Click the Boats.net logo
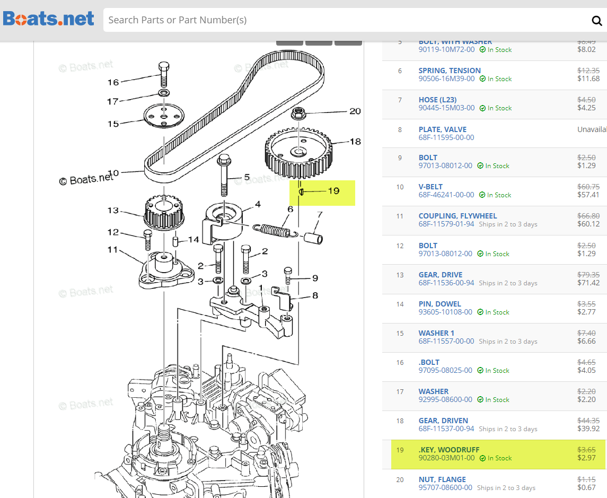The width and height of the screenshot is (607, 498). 48,20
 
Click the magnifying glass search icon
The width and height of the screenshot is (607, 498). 596,21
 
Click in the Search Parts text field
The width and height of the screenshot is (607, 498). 345,20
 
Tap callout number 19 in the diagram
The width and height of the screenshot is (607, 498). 333,191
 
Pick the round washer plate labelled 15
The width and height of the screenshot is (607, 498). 164,116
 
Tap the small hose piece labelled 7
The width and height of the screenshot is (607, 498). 313,235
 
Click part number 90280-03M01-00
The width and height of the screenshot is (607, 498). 446,458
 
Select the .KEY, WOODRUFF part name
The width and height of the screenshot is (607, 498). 448,450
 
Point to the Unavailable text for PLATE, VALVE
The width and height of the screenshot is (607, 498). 592,129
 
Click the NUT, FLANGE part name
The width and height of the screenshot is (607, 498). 442,479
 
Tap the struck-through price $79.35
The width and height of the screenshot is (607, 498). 588,275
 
